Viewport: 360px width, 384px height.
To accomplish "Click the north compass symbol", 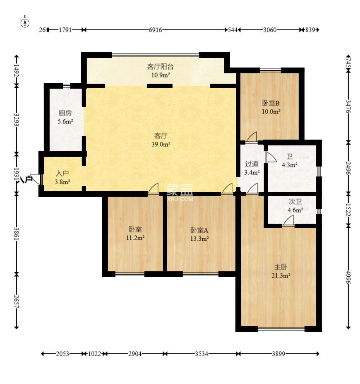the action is click(25, 22).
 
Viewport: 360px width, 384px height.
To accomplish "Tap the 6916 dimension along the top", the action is click(155, 30).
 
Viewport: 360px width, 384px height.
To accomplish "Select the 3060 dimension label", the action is click(269, 30).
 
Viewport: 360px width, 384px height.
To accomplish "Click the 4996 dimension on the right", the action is click(348, 278).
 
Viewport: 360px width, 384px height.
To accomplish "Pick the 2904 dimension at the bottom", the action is click(135, 354).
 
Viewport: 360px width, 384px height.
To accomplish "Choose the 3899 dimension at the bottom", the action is click(278, 354).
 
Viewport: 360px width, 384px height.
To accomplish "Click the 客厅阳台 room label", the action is click(161, 67).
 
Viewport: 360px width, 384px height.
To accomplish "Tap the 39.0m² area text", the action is click(161, 144).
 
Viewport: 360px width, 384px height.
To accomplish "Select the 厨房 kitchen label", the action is click(65, 113).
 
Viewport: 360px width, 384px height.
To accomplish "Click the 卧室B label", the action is click(271, 103).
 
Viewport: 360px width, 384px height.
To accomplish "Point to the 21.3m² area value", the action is click(281, 275).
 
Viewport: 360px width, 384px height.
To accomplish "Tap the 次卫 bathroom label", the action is click(295, 202).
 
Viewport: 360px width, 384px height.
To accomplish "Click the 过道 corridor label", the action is click(252, 164).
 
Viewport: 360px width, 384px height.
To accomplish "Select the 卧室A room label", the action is click(199, 230).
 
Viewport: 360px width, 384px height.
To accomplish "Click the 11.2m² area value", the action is click(135, 237).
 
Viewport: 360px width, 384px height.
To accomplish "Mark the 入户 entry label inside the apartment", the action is click(62, 174).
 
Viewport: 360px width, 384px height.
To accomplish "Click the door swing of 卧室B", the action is click(252, 137).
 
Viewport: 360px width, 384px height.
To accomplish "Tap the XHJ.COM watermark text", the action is click(180, 199).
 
